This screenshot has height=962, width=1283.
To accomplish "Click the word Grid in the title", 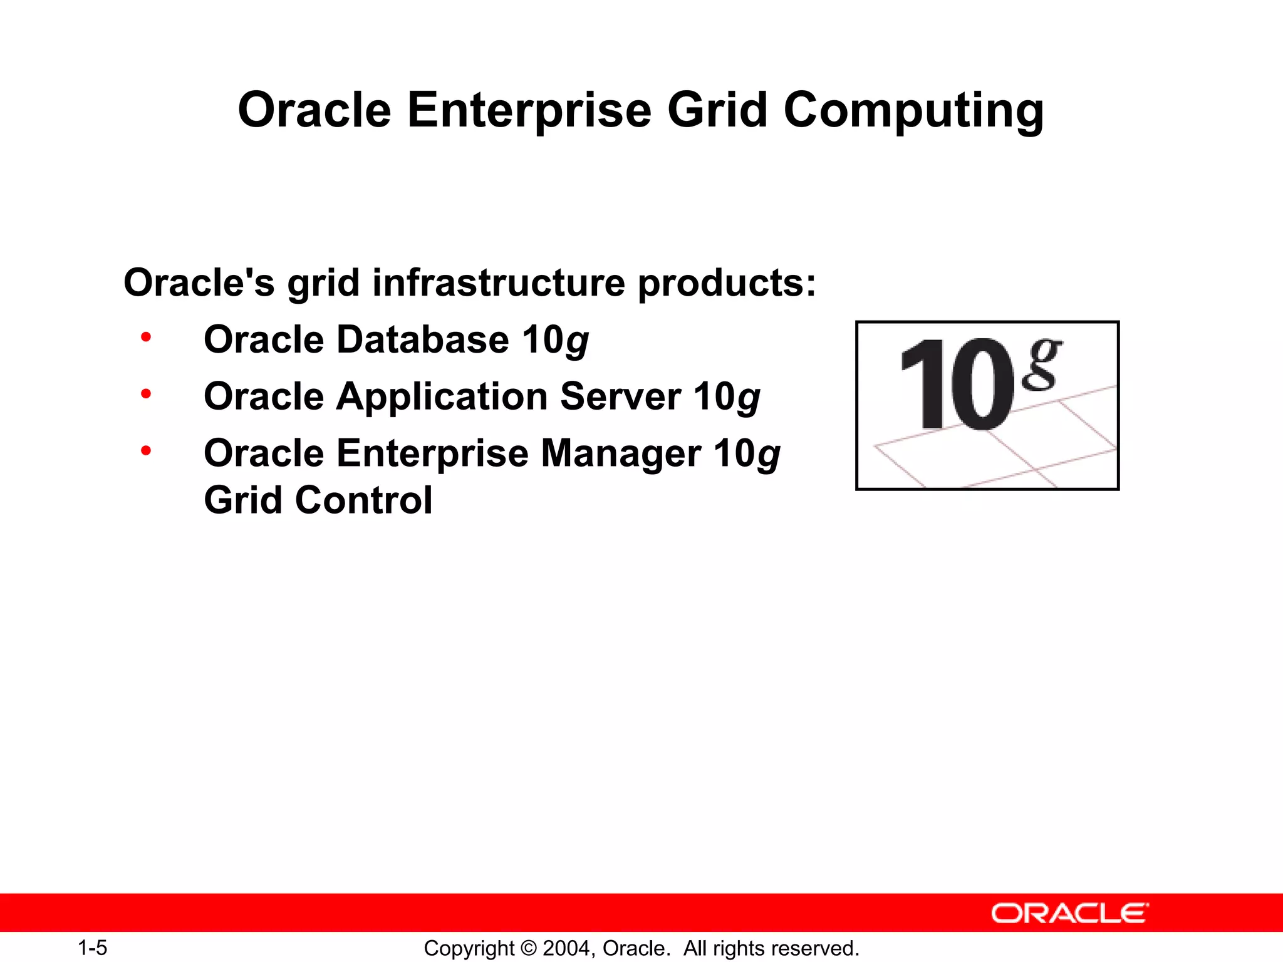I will tap(717, 110).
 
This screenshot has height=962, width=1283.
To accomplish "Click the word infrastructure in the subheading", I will tap(499, 282).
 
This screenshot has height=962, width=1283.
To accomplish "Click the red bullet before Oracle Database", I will tap(146, 338).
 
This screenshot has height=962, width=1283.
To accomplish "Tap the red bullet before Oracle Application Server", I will tap(146, 394).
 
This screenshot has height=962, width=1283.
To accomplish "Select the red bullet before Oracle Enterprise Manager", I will tap(146, 450).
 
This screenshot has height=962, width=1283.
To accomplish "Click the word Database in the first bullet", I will tap(423, 339).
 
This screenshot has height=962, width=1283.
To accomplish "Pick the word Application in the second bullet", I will tap(442, 397).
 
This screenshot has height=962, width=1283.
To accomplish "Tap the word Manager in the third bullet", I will tap(620, 454).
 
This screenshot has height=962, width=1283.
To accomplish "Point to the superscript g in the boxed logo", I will tap(1041, 364).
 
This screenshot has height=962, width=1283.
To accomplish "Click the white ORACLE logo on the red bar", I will tap(1069, 913).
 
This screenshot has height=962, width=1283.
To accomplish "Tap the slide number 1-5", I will tap(92, 948).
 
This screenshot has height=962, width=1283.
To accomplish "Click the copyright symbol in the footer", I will tap(529, 948).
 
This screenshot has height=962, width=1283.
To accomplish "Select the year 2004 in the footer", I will tap(567, 948).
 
